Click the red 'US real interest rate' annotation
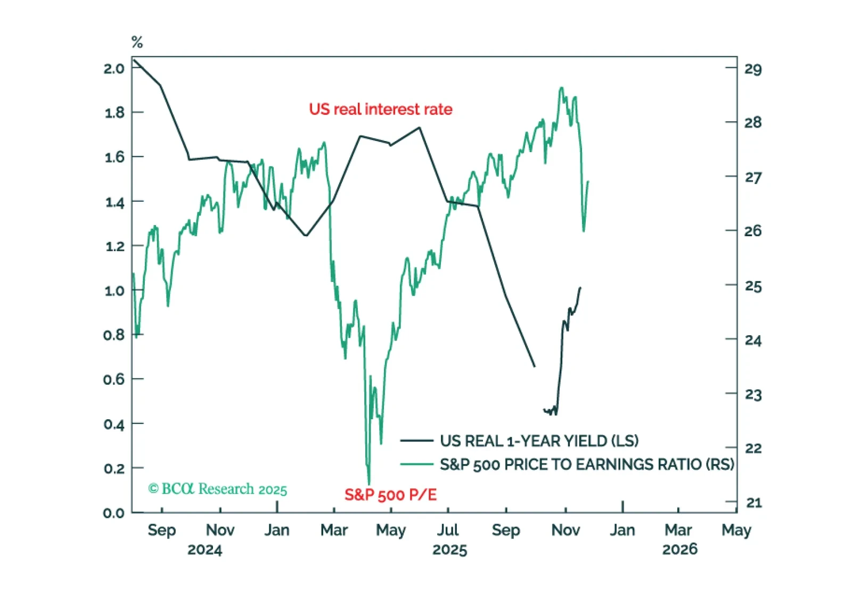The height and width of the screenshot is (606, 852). (380, 109)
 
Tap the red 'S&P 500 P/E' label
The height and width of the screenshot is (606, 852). (390, 495)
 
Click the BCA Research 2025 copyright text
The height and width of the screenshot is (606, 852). (217, 489)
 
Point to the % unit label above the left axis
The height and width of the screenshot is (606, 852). (137, 42)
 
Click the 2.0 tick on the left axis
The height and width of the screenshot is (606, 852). (114, 68)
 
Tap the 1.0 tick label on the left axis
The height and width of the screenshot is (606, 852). (114, 290)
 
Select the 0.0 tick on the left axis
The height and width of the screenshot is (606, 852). (114, 513)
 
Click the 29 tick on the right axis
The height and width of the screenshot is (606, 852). (753, 69)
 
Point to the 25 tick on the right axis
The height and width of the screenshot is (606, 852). (753, 286)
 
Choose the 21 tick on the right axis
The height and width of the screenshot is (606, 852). (753, 503)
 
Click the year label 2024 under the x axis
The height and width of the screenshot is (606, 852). (204, 550)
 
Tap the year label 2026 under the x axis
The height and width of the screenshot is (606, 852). (679, 549)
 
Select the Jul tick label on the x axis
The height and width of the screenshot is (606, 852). (448, 530)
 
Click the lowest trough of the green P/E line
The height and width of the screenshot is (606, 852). (368, 483)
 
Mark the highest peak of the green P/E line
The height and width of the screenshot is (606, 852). (561, 88)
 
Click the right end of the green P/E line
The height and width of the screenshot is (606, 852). (588, 182)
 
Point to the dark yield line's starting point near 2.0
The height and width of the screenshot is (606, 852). (134, 60)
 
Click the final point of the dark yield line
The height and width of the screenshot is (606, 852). (580, 288)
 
